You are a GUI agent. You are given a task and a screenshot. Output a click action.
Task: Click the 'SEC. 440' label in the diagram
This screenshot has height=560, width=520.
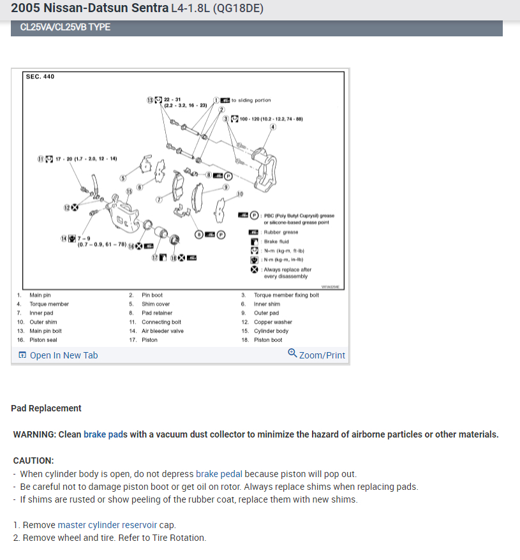40,77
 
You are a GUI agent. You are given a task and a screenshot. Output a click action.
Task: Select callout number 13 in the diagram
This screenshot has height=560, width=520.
151,100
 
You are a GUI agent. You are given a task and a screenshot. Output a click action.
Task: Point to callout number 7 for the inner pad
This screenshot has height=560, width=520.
160,200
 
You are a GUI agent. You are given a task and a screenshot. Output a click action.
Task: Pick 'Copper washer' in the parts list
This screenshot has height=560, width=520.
273,322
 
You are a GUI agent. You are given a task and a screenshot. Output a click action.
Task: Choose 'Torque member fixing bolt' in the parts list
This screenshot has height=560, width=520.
286,295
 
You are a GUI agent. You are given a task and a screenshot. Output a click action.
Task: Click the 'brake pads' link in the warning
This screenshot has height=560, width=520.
105,434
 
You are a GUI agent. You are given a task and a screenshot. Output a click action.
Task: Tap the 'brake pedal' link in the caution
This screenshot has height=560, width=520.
219,474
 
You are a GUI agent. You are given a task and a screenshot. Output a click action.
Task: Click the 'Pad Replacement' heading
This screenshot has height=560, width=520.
46,408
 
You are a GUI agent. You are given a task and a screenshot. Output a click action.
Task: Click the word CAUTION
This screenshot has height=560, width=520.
33,460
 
